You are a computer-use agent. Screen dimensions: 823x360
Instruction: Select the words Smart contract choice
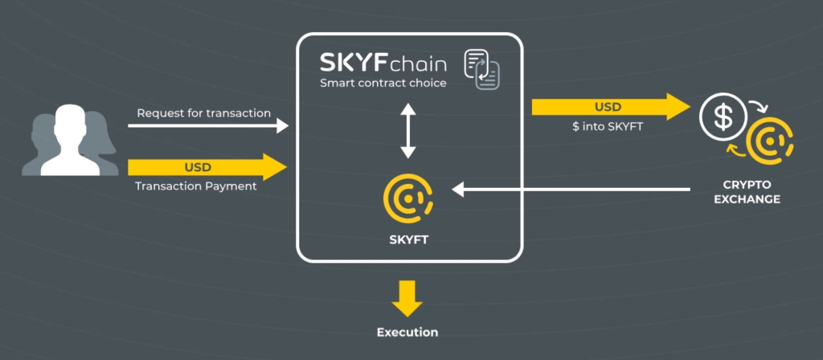(x=383, y=83)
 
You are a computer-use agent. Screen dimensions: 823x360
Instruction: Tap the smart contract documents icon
(x=482, y=68)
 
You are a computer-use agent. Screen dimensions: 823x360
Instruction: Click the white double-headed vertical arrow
(x=407, y=131)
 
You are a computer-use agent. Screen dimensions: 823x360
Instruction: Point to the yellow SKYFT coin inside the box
(x=408, y=199)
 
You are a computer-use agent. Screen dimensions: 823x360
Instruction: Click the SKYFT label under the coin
(x=409, y=240)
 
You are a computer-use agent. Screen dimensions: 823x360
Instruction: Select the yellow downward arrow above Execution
(x=407, y=298)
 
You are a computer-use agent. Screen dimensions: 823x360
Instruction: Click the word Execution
(x=407, y=332)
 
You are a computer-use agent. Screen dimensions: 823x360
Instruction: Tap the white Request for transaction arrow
(x=208, y=126)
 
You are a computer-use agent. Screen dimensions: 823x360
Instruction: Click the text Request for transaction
(x=204, y=112)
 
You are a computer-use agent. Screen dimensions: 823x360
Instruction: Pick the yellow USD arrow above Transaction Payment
(x=207, y=167)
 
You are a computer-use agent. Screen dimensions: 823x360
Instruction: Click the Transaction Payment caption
(x=196, y=186)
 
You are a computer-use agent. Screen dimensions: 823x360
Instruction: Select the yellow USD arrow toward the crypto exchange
(x=611, y=107)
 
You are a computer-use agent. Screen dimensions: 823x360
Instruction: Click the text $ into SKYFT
(x=608, y=126)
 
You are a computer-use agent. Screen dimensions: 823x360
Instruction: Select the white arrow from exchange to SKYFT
(x=571, y=190)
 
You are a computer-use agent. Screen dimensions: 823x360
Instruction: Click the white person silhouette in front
(x=70, y=140)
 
